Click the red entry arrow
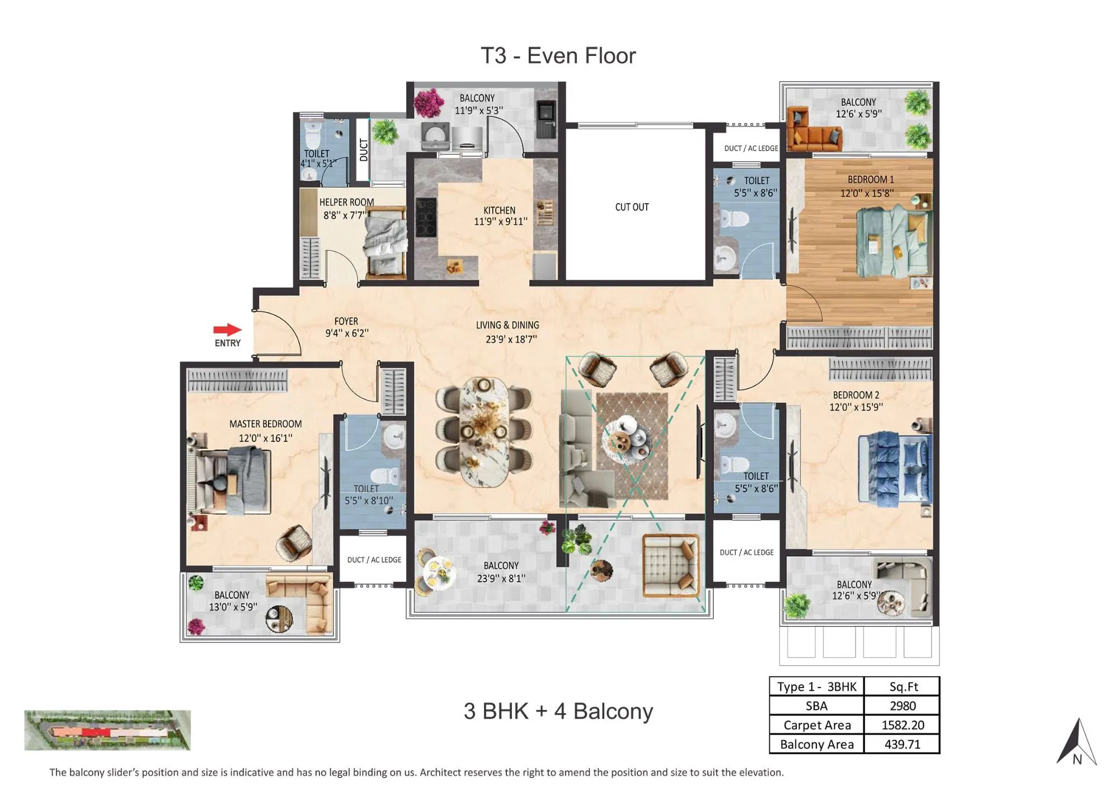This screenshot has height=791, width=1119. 227,330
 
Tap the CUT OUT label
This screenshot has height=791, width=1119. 632,207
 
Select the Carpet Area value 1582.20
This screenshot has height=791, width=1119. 902,725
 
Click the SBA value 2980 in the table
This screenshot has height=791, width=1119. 902,706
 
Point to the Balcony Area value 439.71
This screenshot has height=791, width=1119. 902,744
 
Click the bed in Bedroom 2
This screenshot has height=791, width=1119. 895,469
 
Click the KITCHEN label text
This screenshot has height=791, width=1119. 499,210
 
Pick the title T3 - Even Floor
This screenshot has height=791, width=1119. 558,56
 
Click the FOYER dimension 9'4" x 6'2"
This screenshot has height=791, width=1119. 347,333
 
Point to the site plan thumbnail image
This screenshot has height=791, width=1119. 107,730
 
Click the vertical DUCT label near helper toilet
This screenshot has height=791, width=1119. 364,150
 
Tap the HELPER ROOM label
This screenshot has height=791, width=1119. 346,202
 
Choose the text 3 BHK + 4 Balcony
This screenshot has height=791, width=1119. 558,711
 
